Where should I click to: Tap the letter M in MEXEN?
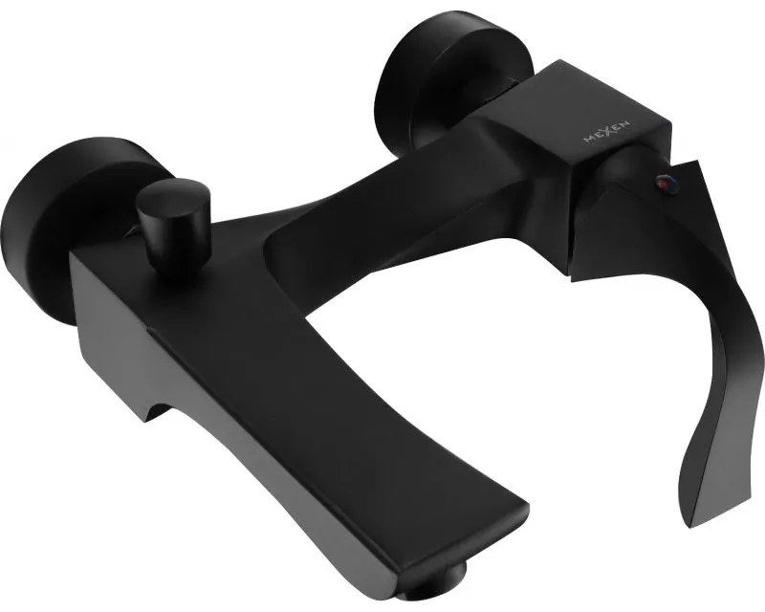[588, 139]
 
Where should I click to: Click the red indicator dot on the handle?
[663, 184]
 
